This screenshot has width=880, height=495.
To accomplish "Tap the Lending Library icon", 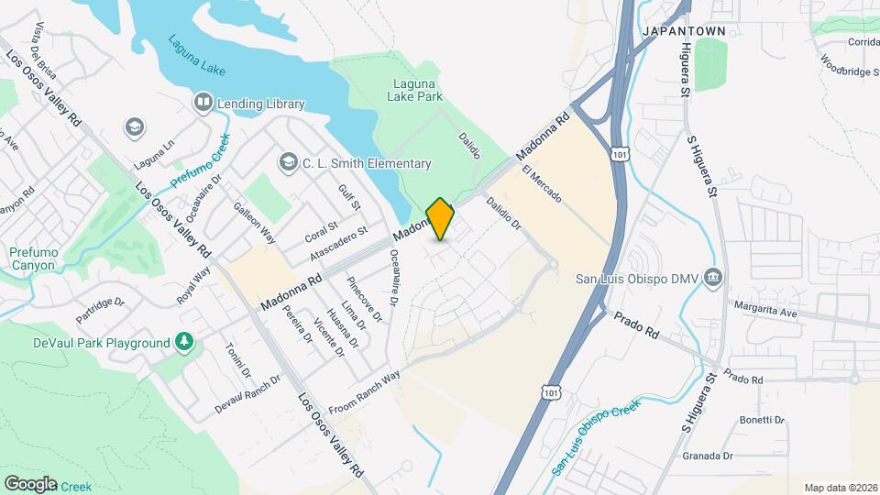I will pos(203,103).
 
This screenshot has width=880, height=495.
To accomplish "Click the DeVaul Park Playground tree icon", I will pos(185,343).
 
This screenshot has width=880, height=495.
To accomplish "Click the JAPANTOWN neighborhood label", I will pos(684,30).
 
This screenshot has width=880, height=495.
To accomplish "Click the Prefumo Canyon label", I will pos(32,258).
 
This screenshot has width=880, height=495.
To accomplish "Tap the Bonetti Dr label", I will pos(762,420).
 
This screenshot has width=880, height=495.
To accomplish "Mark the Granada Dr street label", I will pos(708,455).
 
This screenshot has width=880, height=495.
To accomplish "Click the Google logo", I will pos(30,483).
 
